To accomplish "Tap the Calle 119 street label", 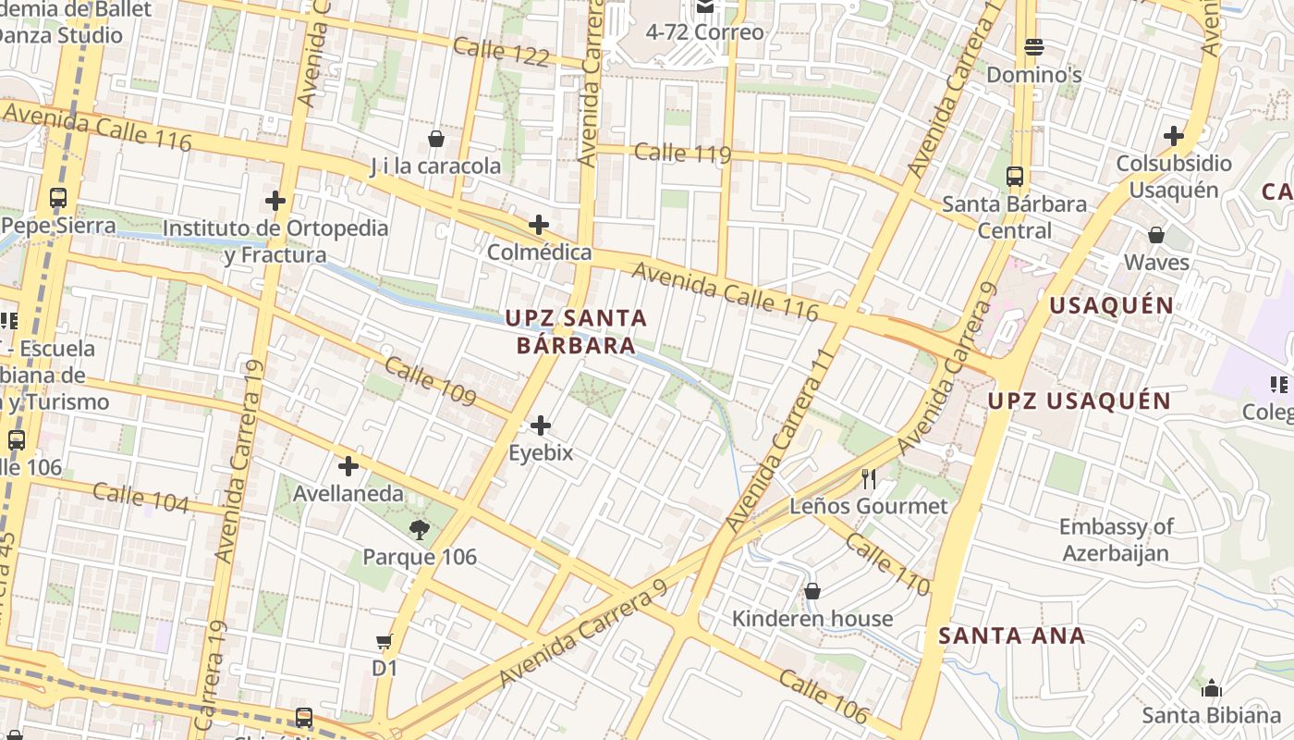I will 683,153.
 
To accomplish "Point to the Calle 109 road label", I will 430,381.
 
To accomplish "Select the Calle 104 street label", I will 140,498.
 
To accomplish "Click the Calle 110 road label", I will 887,564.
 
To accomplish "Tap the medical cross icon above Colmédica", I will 539,225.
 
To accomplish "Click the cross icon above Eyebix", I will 541,425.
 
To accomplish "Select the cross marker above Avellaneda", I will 348,466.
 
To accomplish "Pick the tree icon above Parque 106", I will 420,529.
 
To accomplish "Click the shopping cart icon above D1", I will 385,641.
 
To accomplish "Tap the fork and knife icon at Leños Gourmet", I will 869,478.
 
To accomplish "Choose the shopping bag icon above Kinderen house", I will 812,591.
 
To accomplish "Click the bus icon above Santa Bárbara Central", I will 1014,176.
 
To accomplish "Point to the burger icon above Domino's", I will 1034,46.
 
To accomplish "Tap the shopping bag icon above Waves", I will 1156,235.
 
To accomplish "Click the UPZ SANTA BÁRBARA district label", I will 576,331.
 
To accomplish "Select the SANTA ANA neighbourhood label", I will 1012,636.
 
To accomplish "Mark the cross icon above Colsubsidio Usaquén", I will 1174,136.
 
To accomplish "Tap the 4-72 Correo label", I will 704,32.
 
